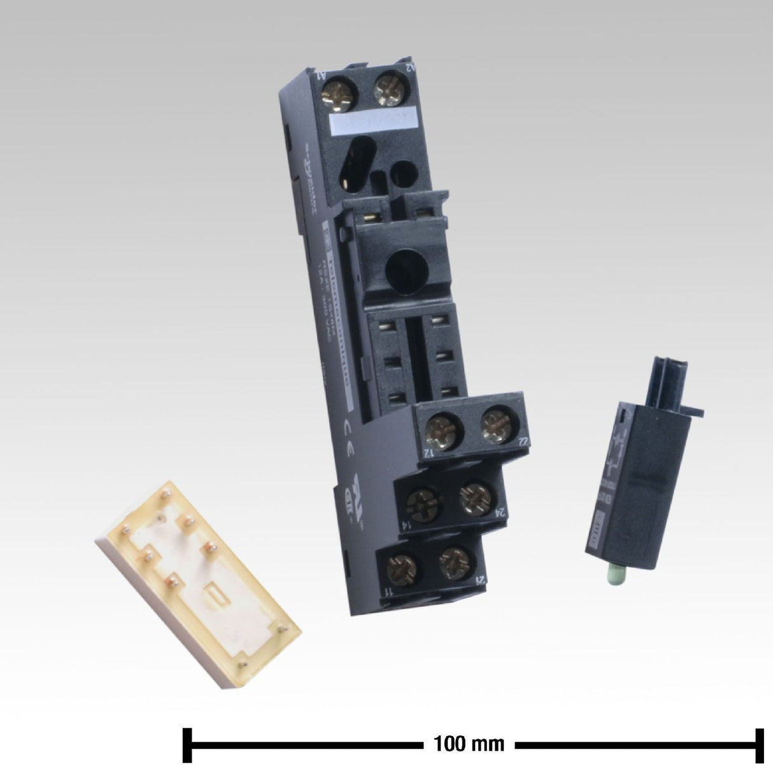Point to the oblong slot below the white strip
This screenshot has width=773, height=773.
pyautogui.click(x=357, y=166)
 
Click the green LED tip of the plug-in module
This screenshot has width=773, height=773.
pyautogui.click(x=616, y=574)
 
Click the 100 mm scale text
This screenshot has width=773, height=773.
pyautogui.click(x=469, y=743)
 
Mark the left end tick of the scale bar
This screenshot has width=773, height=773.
pyautogui.click(x=187, y=743)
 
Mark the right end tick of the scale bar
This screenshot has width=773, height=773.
pyautogui.click(x=759, y=743)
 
